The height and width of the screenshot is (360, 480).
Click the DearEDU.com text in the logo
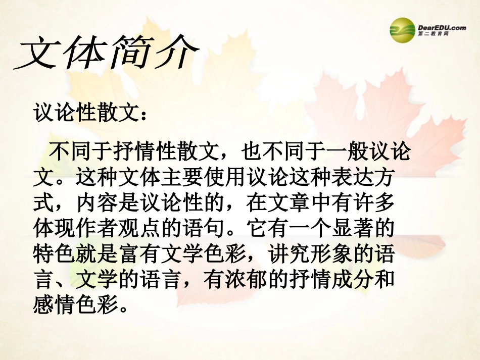tap(442, 27)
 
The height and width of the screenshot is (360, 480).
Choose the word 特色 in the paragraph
tap(52, 254)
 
